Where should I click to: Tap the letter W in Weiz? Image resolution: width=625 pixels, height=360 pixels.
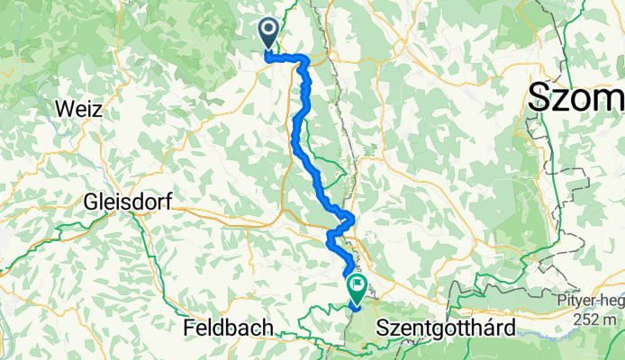click(x=62, y=110)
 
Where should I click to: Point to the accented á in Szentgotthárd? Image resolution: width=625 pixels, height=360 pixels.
click(x=492, y=328)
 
